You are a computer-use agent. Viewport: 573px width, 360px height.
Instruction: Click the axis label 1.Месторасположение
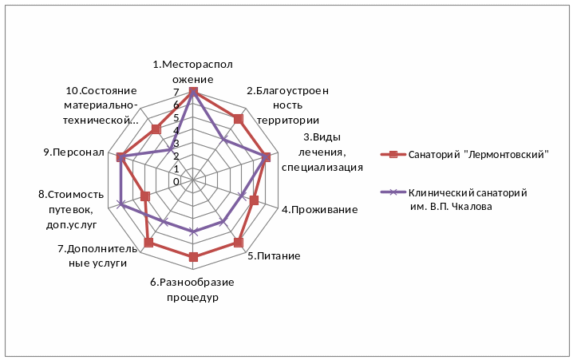pos(192,72)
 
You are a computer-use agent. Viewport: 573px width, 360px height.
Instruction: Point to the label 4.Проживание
pos(319,210)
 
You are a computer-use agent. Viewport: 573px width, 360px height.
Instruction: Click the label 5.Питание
pos(274,256)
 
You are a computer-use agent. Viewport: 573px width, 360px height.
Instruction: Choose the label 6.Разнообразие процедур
pos(192,289)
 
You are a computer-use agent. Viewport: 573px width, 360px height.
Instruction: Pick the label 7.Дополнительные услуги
pos(93,255)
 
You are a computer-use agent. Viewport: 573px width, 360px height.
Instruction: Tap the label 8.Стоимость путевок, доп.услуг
pos(71,209)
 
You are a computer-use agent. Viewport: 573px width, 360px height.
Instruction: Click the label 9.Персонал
pos(75,152)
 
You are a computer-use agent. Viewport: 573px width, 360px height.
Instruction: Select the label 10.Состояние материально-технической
pos(101,105)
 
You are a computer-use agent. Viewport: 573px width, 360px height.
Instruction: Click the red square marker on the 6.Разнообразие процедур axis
pos(193,256)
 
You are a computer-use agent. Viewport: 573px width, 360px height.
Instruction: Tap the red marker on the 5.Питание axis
pos(238,241)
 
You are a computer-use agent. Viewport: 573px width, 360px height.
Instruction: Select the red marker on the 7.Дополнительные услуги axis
pos(148,242)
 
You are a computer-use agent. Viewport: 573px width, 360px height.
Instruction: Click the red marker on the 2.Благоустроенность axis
pos(238,119)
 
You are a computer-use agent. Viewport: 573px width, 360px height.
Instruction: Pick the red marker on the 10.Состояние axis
pos(156,129)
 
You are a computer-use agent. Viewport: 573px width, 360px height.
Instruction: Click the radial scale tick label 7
pos(176,93)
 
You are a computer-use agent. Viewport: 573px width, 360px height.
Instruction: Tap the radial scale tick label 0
pos(176,182)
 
